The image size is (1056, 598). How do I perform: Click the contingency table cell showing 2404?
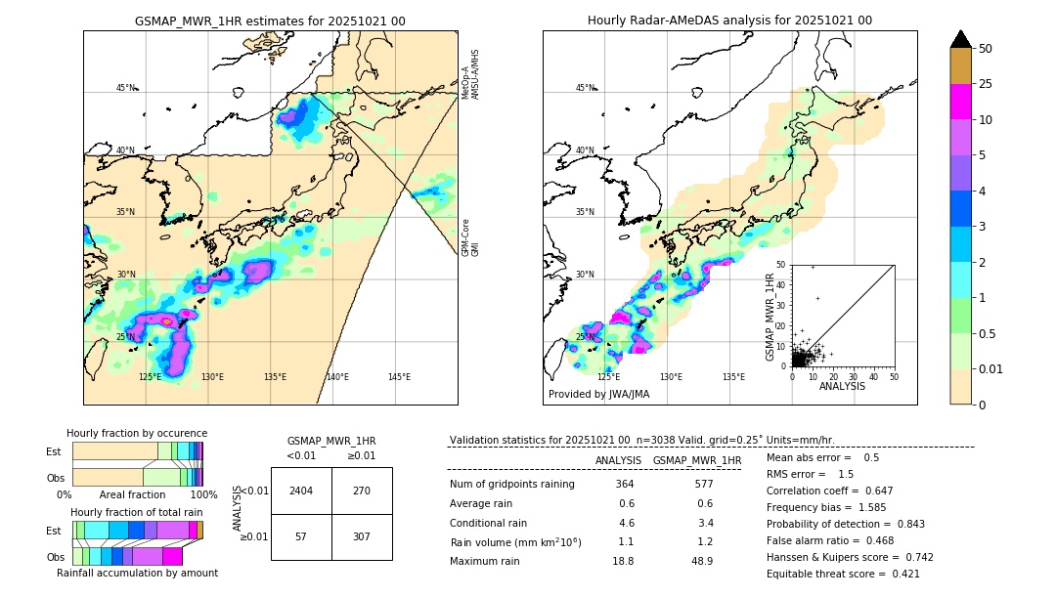click(301, 491)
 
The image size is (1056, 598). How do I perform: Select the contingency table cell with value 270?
click(362, 491)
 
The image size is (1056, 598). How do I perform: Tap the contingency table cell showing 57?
click(301, 536)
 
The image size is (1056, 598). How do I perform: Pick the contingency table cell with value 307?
click(362, 536)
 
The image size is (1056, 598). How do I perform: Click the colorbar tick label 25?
click(986, 84)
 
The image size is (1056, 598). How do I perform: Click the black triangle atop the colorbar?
click(961, 39)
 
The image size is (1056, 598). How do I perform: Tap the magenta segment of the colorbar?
click(961, 102)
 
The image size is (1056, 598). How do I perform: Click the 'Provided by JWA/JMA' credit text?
click(598, 395)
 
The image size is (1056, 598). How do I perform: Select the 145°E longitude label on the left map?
click(399, 377)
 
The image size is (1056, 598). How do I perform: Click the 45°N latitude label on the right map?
click(585, 88)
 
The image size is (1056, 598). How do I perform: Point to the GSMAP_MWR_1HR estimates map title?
click(270, 21)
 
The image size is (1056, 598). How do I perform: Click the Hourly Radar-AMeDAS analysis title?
click(729, 21)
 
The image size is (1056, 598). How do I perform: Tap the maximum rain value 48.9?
click(702, 561)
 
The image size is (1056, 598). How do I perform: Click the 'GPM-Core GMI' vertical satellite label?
click(470, 237)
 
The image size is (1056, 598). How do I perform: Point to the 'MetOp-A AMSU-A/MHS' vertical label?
click(470, 74)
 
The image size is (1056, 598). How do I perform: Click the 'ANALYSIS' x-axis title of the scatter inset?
click(842, 386)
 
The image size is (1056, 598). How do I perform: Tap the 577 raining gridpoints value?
click(702, 484)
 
